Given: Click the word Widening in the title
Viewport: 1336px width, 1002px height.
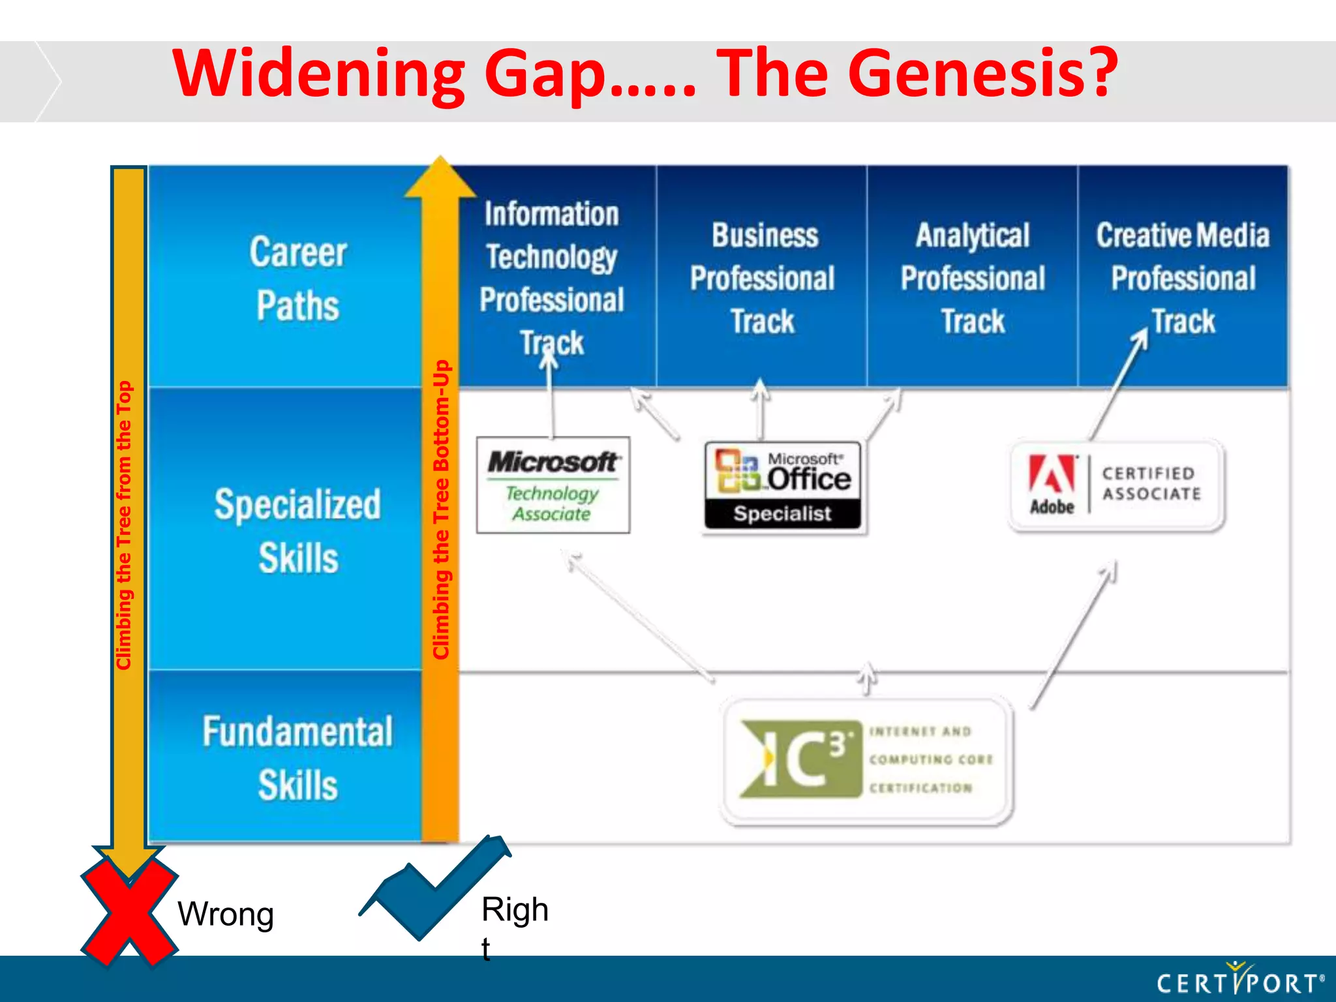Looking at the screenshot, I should pos(320,73).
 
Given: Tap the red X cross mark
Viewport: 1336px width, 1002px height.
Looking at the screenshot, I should pos(129,913).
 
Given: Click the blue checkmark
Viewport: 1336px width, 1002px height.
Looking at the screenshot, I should pos(434,890).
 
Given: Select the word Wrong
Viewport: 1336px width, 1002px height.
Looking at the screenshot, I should pos(225,914).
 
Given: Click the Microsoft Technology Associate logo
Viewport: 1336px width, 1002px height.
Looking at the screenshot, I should pos(553,485).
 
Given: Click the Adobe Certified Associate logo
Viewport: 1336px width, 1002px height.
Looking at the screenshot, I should pos(1116,485).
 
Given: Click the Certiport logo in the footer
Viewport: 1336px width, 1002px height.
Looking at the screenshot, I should pos(1239,980).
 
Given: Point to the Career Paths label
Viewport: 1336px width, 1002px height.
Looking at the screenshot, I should pos(297,279).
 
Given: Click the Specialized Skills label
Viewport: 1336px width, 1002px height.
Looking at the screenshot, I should pos(297,531).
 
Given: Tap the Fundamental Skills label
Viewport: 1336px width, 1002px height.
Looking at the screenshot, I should pos(297,757).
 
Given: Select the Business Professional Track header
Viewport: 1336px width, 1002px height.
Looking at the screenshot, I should pos(762,279).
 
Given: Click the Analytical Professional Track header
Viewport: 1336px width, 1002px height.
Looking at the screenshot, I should pos(973,279).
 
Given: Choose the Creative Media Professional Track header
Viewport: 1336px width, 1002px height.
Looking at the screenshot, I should pos(1183,279).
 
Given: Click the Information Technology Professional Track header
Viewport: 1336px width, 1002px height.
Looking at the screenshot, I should pos(552,279).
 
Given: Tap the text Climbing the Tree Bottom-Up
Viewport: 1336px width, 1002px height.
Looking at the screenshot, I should pos(442,509).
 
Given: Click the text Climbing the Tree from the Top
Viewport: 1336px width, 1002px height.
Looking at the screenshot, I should pos(124,525).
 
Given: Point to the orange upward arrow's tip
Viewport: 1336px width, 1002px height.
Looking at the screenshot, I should pos(440,160).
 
